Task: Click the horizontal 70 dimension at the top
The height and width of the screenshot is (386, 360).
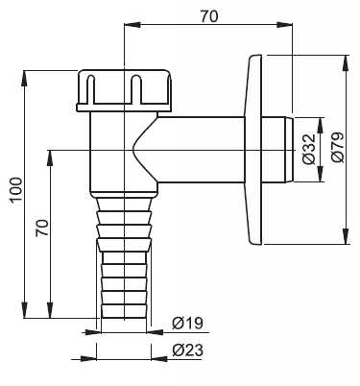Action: click(x=209, y=16)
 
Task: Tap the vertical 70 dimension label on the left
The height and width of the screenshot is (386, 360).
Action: click(x=42, y=228)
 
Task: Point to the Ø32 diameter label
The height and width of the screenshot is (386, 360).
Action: click(x=309, y=149)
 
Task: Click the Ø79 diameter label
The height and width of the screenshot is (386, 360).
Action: click(x=338, y=147)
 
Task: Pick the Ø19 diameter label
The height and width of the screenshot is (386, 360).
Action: click(x=188, y=324)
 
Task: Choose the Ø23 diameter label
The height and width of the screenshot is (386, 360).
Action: click(x=188, y=350)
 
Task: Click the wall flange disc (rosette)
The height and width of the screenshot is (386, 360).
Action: click(x=253, y=150)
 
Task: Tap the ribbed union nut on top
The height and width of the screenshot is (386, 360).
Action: click(x=125, y=90)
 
